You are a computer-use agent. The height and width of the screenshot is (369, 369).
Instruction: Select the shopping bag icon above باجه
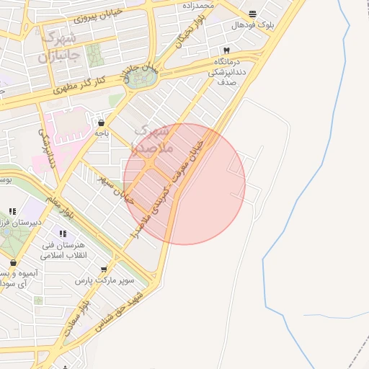click(x=101, y=122)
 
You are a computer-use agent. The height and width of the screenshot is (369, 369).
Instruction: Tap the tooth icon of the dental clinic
click(x=227, y=50)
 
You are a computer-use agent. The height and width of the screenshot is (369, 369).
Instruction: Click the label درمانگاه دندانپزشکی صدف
click(x=232, y=72)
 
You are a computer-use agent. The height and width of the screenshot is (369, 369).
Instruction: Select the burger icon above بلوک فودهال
click(x=252, y=14)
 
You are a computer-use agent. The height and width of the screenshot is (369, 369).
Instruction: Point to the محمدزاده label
click(x=197, y=5)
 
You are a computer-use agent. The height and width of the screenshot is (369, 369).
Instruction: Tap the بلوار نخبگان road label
click(x=190, y=33)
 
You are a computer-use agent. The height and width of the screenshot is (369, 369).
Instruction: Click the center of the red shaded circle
click(x=184, y=184)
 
